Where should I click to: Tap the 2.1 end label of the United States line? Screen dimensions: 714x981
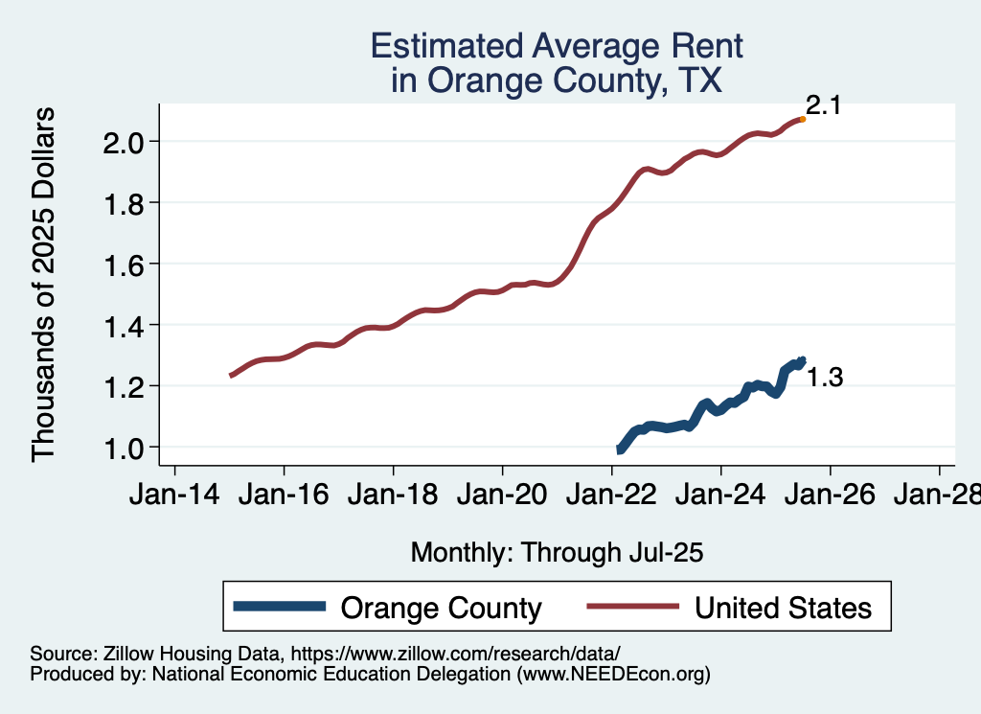(822, 105)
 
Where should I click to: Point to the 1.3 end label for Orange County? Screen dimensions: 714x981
(824, 378)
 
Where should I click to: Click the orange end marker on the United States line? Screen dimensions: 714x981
(802, 119)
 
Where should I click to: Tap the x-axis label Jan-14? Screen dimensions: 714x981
(174, 495)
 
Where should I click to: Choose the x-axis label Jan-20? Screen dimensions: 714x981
(502, 495)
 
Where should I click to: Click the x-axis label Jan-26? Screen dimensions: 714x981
(830, 495)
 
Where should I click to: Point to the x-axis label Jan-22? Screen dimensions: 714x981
(611, 495)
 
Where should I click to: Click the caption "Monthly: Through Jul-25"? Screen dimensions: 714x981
(557, 552)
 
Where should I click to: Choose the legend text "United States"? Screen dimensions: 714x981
(783, 608)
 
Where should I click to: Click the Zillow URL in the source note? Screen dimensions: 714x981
(455, 655)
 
